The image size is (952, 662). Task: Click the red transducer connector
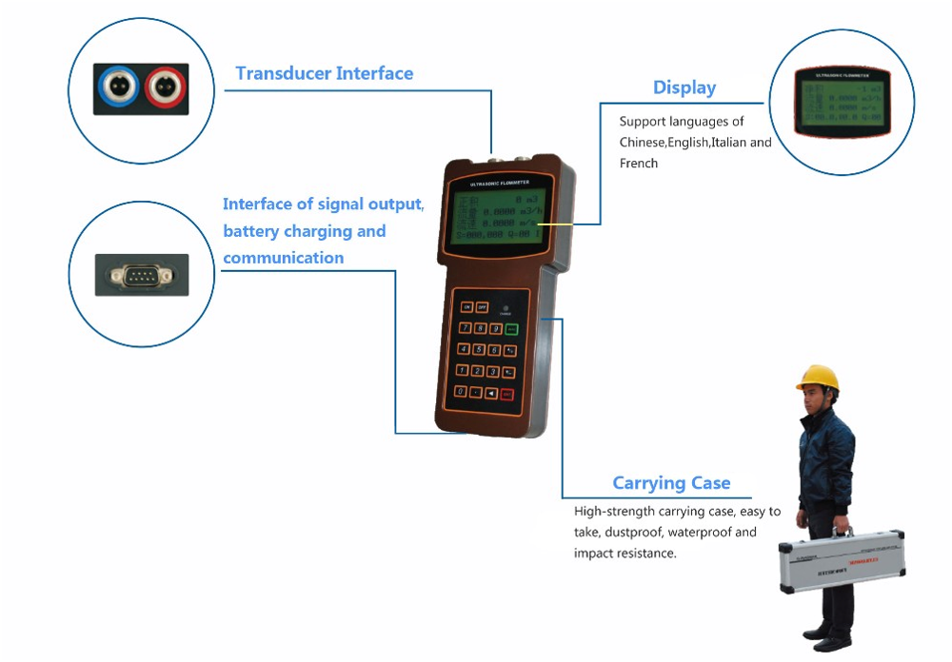[x=165, y=88]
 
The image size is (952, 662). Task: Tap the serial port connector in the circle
[x=142, y=276]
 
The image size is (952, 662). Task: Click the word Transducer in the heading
[x=282, y=73]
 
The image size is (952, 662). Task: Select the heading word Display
[x=684, y=88]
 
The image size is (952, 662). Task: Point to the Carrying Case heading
[x=671, y=483]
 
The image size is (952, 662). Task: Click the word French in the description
[x=639, y=164]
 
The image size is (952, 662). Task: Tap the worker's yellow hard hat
[x=817, y=378]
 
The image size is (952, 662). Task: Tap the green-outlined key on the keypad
[x=511, y=329]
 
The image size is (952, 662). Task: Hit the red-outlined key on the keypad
[x=507, y=394]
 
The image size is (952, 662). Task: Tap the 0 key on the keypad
[x=461, y=391]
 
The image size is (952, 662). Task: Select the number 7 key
[x=465, y=328]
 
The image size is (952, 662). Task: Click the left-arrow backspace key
[x=491, y=392]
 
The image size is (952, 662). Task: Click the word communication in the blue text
[x=284, y=258]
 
